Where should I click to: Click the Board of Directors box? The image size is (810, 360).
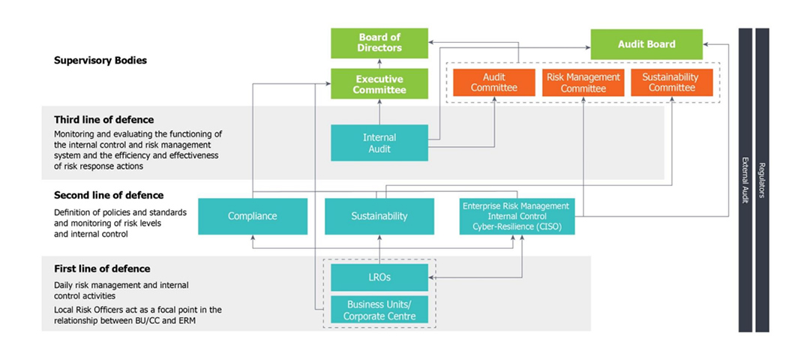click(x=379, y=43)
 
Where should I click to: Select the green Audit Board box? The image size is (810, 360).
click(x=646, y=44)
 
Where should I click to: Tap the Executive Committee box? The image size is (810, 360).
click(x=379, y=84)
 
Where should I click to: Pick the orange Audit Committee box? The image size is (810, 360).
click(x=493, y=82)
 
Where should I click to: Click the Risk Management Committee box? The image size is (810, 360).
click(x=583, y=82)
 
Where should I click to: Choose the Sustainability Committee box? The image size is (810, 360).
click(x=671, y=82)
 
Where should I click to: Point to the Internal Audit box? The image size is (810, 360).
click(x=379, y=143)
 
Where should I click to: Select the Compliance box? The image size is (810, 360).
click(x=253, y=217)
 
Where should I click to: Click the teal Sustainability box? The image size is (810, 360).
click(x=379, y=217)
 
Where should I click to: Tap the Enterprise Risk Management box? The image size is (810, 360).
click(x=517, y=217)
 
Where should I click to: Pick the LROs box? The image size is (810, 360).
click(x=379, y=277)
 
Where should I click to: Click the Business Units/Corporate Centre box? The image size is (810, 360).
click(x=379, y=310)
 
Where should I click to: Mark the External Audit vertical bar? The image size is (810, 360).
click(x=745, y=180)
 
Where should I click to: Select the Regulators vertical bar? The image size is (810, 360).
click(x=762, y=180)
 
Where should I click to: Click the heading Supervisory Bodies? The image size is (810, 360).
click(x=100, y=61)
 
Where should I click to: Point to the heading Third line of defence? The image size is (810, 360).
click(x=103, y=120)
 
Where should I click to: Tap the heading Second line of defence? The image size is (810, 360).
click(x=109, y=196)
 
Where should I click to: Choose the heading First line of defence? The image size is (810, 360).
click(x=102, y=269)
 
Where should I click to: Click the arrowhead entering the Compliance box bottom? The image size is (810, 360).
click(x=253, y=238)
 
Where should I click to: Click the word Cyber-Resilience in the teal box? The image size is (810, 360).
click(x=501, y=226)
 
